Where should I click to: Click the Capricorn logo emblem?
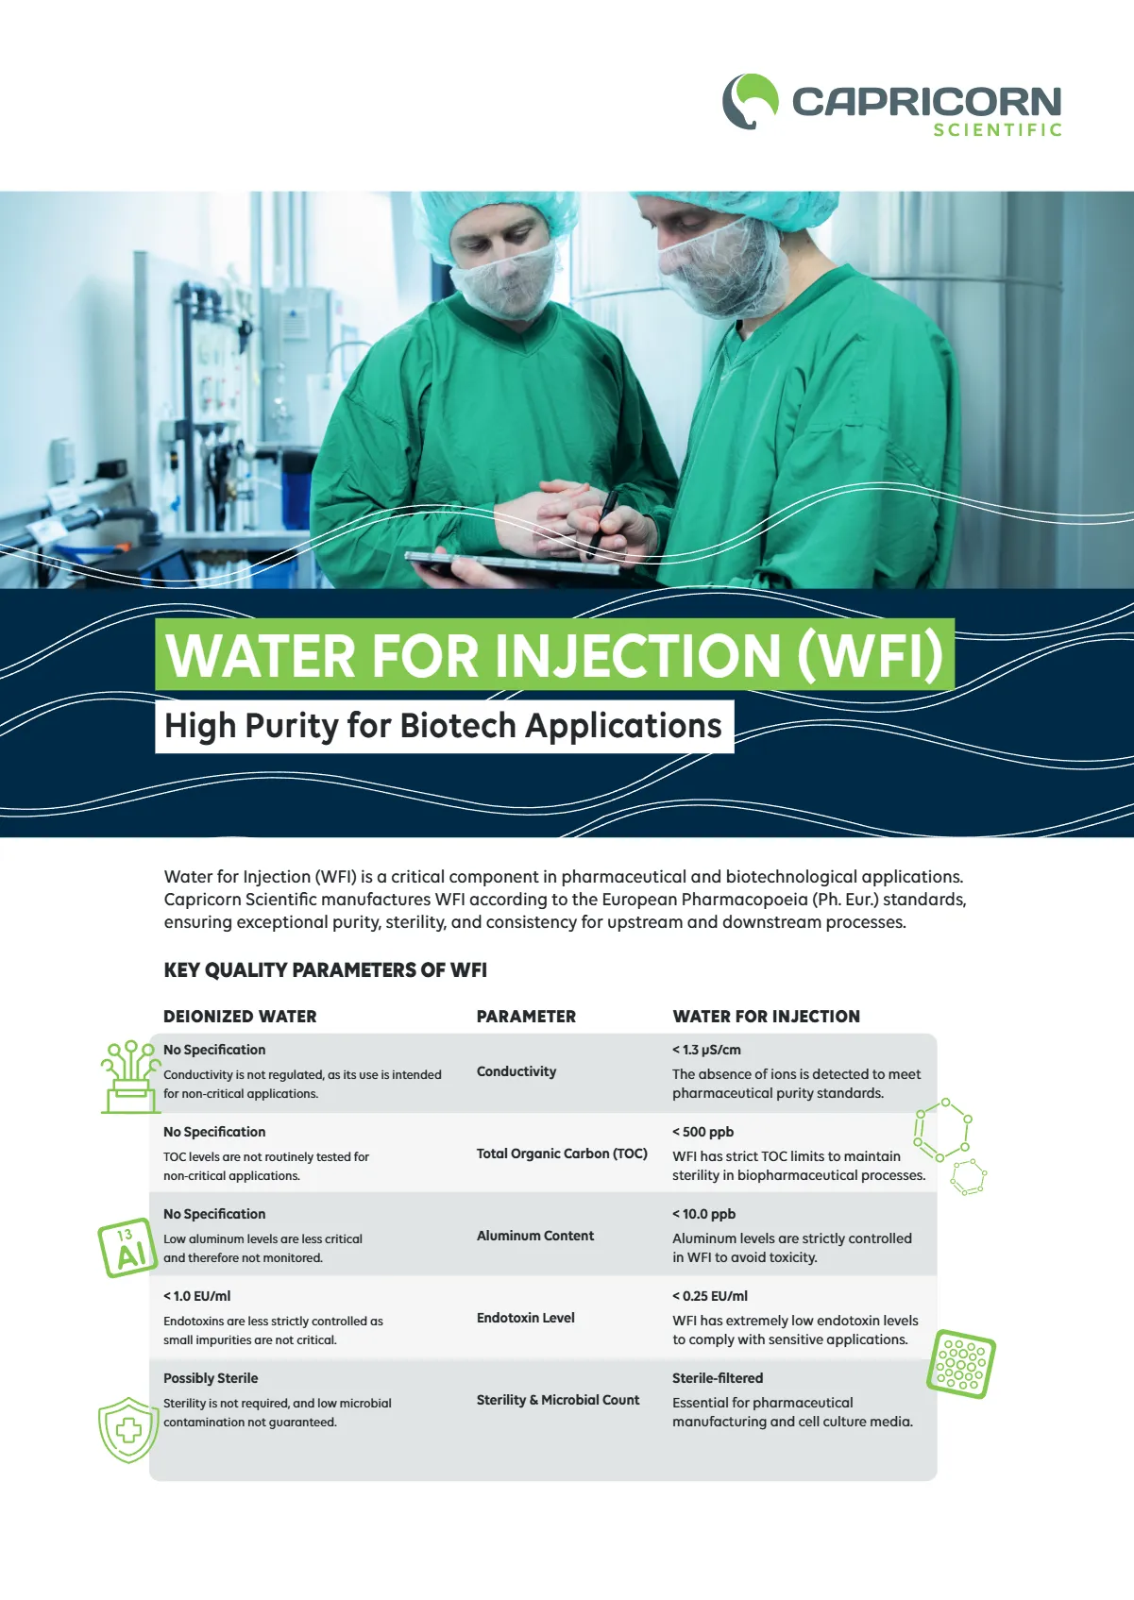click(x=751, y=101)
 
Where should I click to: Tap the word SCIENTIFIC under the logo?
click(x=997, y=130)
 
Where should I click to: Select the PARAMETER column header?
click(x=526, y=1017)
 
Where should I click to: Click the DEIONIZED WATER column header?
click(x=240, y=1017)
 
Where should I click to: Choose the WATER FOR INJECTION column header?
click(x=766, y=1017)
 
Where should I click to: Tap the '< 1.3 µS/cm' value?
click(x=706, y=1050)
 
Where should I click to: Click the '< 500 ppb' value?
click(x=702, y=1132)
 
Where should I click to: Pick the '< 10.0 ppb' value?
click(x=703, y=1214)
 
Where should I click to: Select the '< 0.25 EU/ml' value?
click(x=709, y=1296)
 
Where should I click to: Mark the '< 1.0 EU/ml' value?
click(x=196, y=1296)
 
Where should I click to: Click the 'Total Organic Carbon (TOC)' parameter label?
click(x=562, y=1154)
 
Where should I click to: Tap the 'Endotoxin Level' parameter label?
click(x=525, y=1318)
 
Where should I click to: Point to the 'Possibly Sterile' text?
click(x=211, y=1378)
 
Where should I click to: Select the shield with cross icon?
click(x=127, y=1430)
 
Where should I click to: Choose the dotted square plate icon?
click(x=961, y=1364)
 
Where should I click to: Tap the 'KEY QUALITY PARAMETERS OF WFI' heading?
click(x=325, y=970)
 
